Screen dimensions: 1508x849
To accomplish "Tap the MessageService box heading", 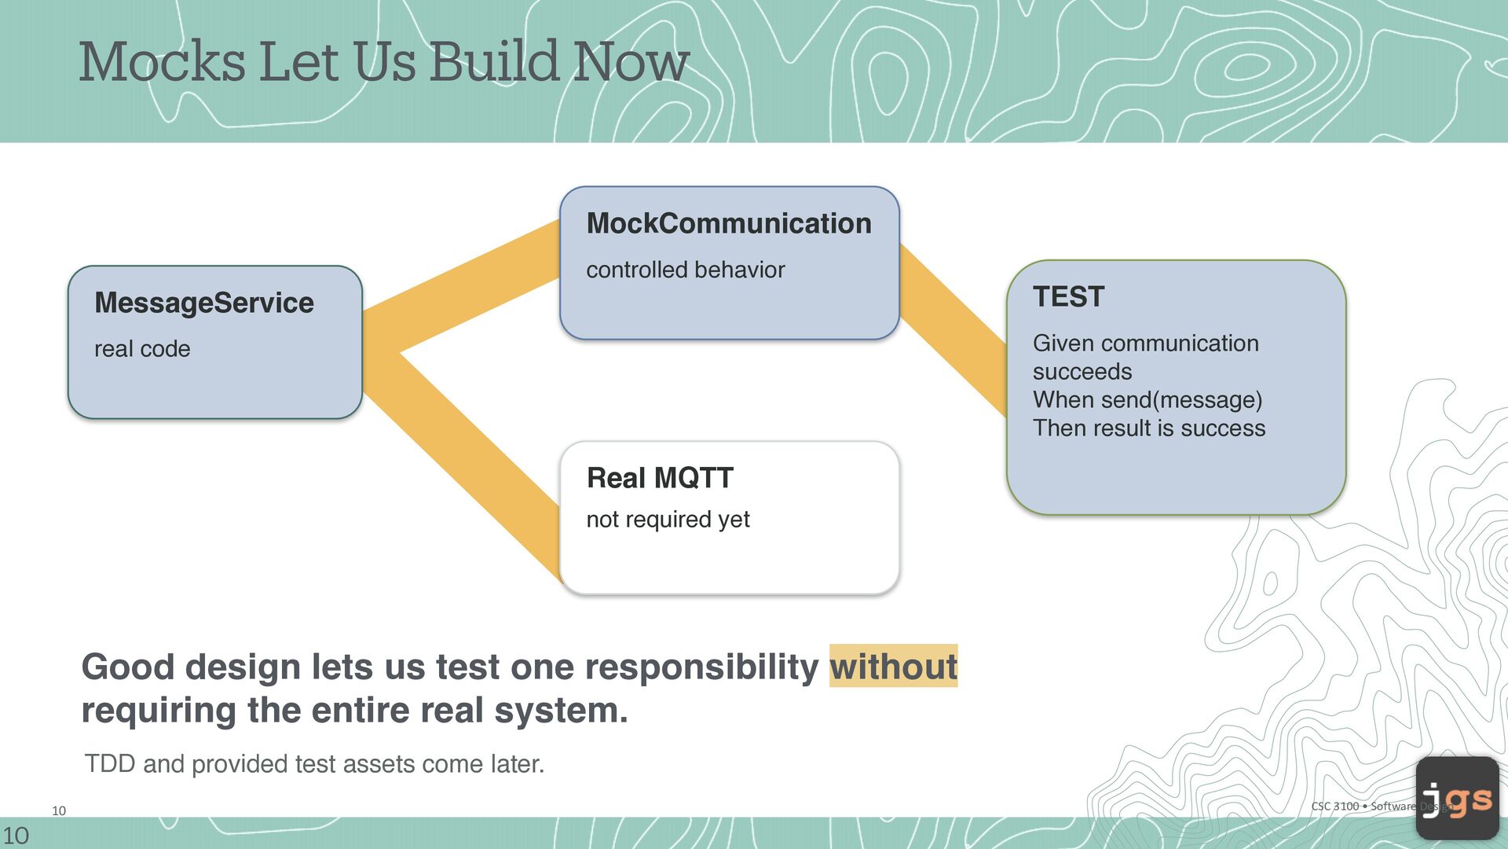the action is click(x=204, y=303).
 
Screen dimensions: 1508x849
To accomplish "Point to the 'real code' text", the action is click(x=142, y=349).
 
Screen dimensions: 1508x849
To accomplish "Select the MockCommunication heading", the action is click(x=729, y=223).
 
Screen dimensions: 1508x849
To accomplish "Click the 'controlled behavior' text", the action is click(x=686, y=270).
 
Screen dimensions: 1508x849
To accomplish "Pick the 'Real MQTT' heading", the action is click(x=660, y=478).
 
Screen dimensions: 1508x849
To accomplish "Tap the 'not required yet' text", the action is click(x=668, y=520).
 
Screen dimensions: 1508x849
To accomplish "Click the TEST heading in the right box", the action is click(x=1068, y=297).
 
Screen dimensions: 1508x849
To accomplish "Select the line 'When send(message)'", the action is click(x=1147, y=400).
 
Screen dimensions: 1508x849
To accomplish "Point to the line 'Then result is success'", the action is click(x=1149, y=428).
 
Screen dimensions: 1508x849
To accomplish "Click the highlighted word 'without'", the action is click(x=894, y=667).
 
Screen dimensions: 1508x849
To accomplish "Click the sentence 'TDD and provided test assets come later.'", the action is click(x=314, y=764).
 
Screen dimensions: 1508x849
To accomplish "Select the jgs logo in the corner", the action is click(x=1458, y=798).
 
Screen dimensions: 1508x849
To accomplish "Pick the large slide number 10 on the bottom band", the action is click(x=16, y=836).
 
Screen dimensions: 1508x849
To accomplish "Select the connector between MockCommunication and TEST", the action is click(x=953, y=330).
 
